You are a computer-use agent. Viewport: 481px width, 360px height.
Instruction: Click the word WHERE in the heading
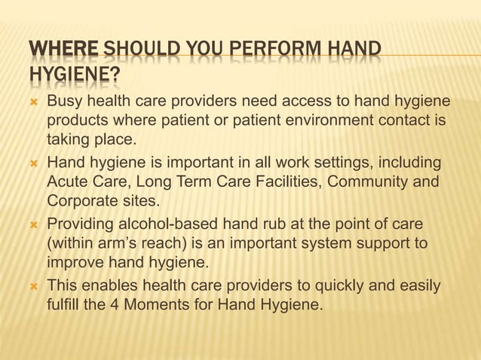pyautogui.click(x=63, y=50)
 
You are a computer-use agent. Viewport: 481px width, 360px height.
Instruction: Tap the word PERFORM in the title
pyautogui.click(x=269, y=50)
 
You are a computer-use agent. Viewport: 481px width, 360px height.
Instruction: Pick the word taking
pyautogui.click(x=69, y=139)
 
